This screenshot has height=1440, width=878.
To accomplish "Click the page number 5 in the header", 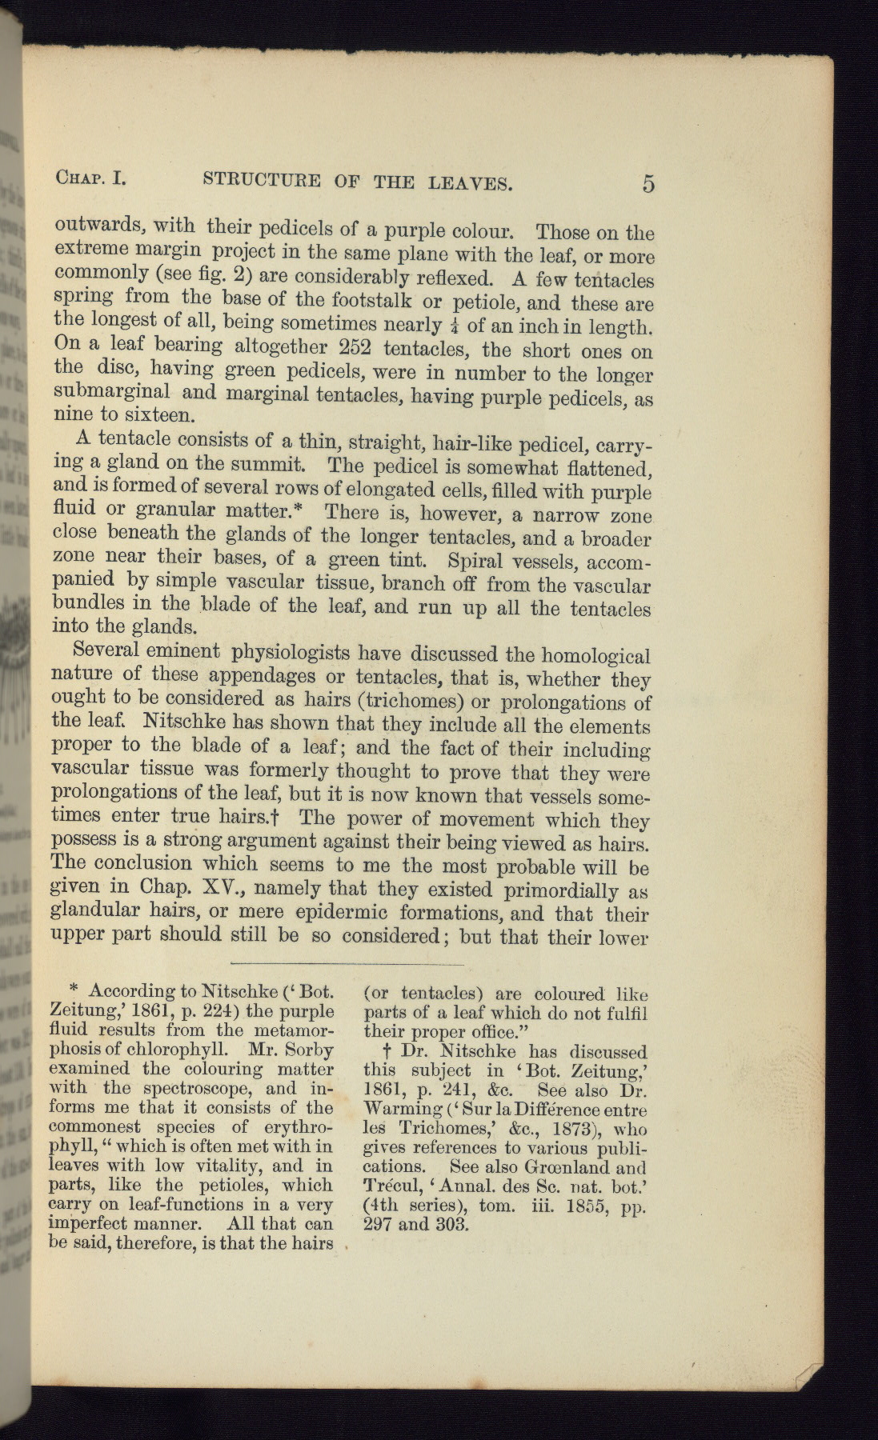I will tap(647, 184).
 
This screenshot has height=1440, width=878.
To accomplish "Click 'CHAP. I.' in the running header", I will tap(90, 178).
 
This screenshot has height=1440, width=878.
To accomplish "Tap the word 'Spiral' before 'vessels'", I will tap(479, 559).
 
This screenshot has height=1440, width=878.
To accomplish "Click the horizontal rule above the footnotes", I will tap(347, 963).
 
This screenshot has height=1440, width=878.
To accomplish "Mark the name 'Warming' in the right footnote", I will tap(403, 1110).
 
